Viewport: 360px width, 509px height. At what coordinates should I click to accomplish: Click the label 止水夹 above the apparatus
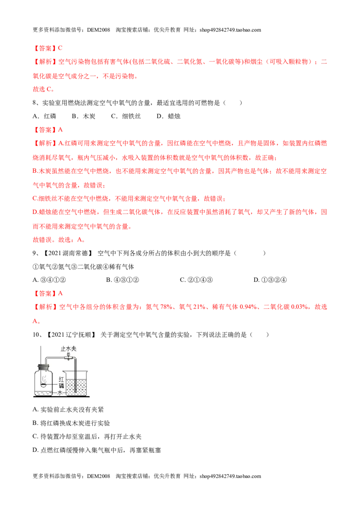pos(68,348)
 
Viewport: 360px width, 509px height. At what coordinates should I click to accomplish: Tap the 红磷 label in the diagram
pos(61,382)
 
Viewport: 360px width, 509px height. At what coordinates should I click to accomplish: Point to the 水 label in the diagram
pos(60,393)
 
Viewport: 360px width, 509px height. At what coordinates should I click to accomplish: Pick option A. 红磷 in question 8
pos(45,116)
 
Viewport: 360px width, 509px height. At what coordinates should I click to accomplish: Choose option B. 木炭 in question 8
pos(84,116)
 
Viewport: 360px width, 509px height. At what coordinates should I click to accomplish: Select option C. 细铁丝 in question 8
pos(126,116)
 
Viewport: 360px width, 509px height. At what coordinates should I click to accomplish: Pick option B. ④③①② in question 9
pos(122,280)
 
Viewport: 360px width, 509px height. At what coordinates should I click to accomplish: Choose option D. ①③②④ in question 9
pos(270,280)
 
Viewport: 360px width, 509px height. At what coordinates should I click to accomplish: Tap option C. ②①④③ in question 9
pos(196,280)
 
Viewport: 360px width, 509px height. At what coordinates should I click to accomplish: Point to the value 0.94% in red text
pos(248,307)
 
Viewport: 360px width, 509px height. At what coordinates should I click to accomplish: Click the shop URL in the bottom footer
pos(230,476)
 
